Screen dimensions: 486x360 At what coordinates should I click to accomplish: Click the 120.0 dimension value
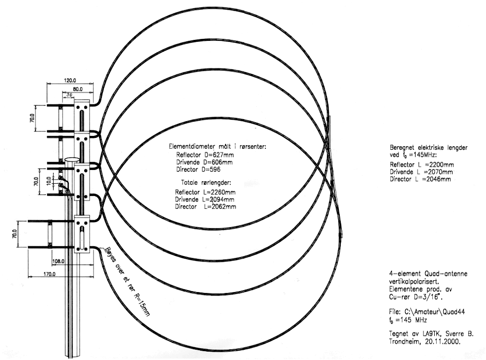click(x=70, y=80)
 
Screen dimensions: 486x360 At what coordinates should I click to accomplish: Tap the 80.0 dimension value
click(x=77, y=89)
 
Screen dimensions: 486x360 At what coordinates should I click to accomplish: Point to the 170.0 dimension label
click(x=49, y=274)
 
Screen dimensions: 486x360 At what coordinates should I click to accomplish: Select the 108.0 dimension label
click(x=58, y=261)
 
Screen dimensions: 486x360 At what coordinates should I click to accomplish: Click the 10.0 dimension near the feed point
click(x=49, y=181)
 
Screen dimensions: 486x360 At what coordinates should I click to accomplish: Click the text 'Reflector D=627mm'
click(x=205, y=155)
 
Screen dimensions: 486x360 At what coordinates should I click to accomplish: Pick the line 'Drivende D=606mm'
click(x=204, y=162)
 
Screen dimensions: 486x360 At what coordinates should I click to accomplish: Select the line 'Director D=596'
click(x=198, y=169)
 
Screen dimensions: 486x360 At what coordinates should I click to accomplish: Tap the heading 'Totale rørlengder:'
click(x=206, y=183)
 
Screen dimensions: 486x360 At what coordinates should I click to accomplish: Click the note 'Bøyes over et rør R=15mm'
click(x=127, y=281)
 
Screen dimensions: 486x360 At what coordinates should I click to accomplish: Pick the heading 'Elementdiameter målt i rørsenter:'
click(x=217, y=147)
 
